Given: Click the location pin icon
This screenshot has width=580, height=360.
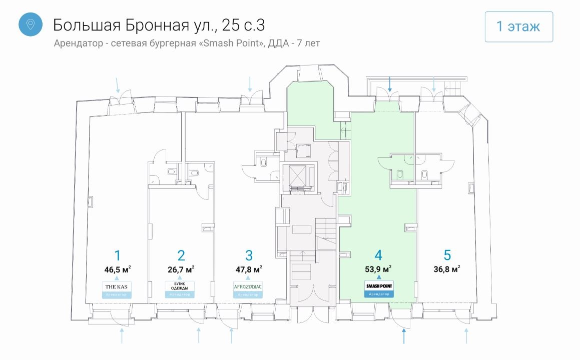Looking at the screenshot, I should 31,24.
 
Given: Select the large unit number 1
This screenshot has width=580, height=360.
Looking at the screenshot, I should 118,255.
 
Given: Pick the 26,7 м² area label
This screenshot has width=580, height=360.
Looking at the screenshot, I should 181,269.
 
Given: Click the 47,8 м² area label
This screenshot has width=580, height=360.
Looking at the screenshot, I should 249,269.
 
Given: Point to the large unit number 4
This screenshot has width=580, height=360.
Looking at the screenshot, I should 378,255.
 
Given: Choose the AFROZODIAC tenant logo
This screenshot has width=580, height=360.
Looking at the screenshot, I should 248,286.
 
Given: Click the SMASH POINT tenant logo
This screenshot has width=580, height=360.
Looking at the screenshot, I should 379,285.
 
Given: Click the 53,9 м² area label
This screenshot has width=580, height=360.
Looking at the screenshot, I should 378,269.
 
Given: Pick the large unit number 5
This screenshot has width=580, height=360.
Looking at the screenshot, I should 447,255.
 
